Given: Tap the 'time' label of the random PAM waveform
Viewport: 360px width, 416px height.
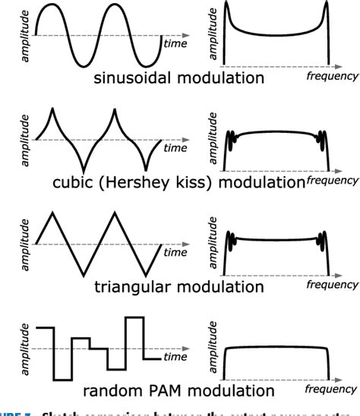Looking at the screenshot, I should click(x=175, y=356).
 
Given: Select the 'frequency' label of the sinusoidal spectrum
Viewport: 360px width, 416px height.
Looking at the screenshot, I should click(x=330, y=77).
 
